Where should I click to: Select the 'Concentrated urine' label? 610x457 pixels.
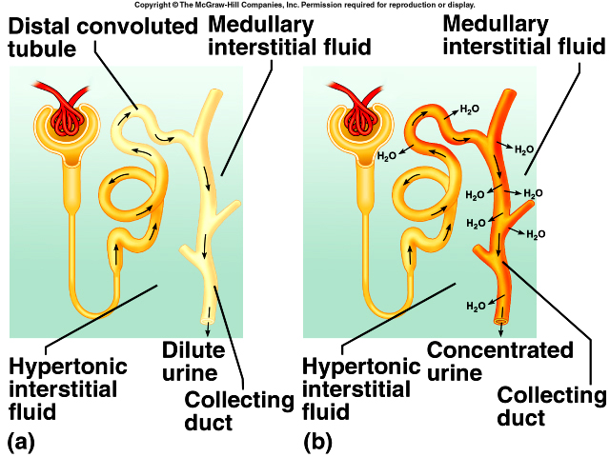pos(499,361)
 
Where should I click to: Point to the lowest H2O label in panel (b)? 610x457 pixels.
pos(476,306)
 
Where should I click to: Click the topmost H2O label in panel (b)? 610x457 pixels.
pos(469,109)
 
